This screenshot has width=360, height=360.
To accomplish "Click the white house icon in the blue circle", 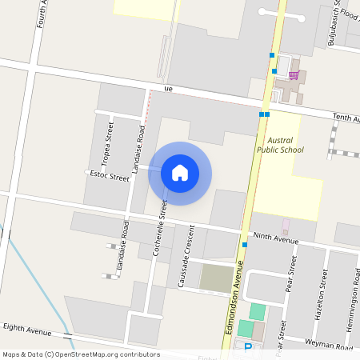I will tap(180, 173).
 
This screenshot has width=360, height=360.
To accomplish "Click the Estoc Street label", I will tap(110, 175).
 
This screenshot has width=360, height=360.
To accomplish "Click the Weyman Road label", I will tap(329, 345).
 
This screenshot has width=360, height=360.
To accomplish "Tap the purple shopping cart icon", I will tap(294, 75).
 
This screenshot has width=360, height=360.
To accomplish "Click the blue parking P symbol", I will tap(248, 347).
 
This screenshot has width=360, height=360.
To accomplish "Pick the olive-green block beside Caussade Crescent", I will tap(215, 278).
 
